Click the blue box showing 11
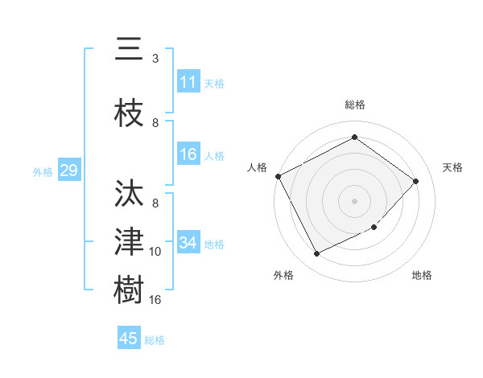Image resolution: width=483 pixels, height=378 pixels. (x=188, y=82)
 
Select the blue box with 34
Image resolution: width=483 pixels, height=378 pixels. (x=188, y=244)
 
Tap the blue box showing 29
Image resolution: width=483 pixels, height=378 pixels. (x=68, y=171)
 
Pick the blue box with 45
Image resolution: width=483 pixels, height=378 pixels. (x=129, y=339)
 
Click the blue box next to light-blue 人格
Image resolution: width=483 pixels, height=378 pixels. (x=188, y=155)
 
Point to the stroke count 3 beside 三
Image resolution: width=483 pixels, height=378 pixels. (x=155, y=59)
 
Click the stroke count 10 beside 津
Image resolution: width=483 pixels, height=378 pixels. (x=155, y=252)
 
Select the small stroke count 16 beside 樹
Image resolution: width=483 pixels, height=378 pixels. (x=155, y=300)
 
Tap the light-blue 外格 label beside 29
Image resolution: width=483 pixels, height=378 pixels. (x=43, y=171)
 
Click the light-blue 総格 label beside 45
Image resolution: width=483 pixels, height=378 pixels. (x=155, y=340)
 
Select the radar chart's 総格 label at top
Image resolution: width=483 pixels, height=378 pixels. (x=355, y=105)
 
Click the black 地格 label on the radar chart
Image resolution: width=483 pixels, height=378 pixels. (x=422, y=276)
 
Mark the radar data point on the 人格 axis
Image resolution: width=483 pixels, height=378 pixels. (x=278, y=176)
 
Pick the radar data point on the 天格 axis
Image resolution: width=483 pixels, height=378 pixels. (x=416, y=181)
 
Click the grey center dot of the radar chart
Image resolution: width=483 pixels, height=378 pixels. (x=354, y=200)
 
